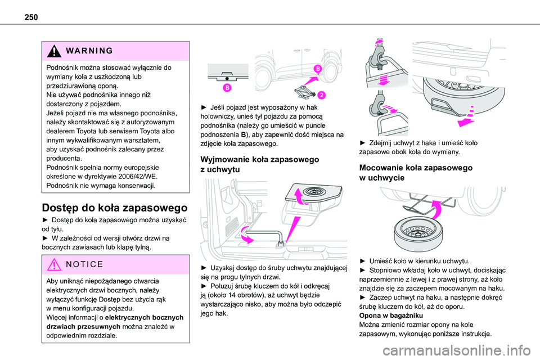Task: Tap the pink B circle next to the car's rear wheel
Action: point(317,69)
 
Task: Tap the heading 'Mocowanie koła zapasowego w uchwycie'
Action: point(416,173)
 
